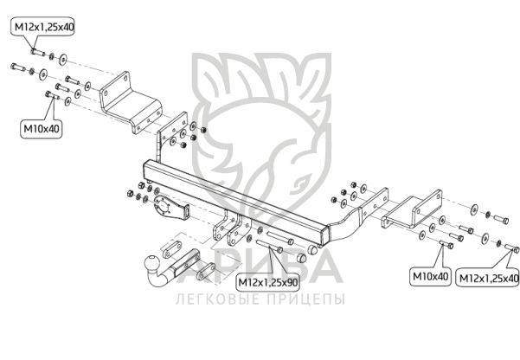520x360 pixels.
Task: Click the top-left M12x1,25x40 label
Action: pyautogui.click(x=43, y=27)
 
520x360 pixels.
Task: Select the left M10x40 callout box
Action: pyautogui.click(x=42, y=129)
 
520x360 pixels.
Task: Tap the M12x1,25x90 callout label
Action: pyautogui.click(x=268, y=283)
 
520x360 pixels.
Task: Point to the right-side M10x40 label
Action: pyautogui.click(x=430, y=276)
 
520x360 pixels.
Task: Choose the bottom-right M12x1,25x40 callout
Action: pyautogui.click(x=489, y=278)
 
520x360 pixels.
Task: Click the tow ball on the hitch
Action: pyautogui.click(x=153, y=263)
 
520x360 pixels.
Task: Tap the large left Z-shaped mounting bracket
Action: pyautogui.click(x=132, y=102)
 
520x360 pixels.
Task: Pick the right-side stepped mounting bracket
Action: pyautogui.click(x=412, y=209)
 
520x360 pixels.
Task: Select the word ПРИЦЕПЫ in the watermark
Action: pyautogui.click(x=305, y=299)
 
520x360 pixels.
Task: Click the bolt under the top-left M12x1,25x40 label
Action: pyautogui.click(x=38, y=53)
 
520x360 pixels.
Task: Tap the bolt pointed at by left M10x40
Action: pyautogui.click(x=52, y=95)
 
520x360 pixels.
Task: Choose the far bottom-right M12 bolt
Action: pyautogui.click(x=511, y=249)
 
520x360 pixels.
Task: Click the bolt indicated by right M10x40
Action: pyautogui.click(x=446, y=245)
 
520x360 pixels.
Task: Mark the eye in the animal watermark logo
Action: pyautogui.click(x=301, y=183)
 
